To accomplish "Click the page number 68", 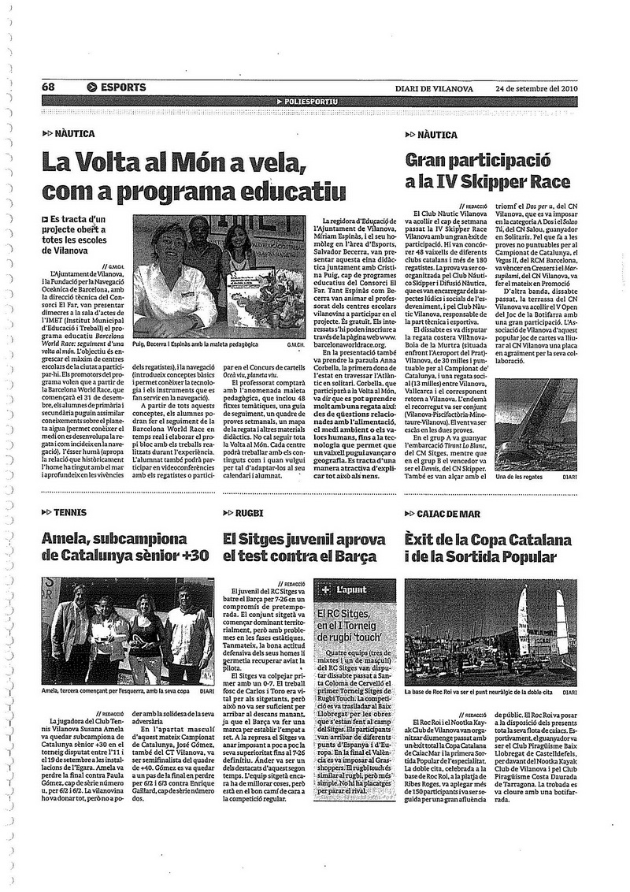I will point(49,87).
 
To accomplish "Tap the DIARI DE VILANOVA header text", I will point(434,88).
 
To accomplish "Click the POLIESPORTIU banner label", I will point(311,102).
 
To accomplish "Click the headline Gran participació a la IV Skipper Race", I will point(487,171).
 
